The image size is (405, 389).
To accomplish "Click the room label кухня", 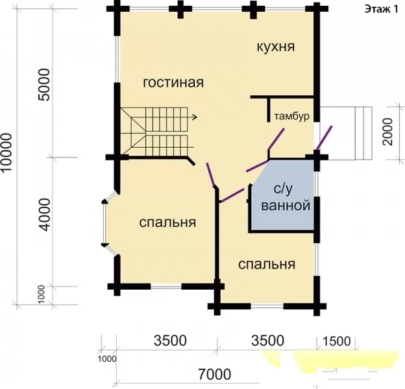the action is (x=276, y=47).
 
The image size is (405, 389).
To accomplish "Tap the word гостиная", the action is (x=173, y=82).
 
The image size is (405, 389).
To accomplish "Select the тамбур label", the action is (x=291, y=116).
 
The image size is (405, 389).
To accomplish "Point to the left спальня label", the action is (x=167, y=222).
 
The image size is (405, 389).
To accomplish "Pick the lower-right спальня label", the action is (x=267, y=265).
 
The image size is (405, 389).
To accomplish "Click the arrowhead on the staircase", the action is (x=195, y=117).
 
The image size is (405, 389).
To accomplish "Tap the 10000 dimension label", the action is (x=6, y=152).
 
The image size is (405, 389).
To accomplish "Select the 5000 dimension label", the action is (x=43, y=85).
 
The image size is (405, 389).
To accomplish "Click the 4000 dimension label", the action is (x=43, y=215).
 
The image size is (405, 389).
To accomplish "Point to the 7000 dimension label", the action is (x=214, y=374).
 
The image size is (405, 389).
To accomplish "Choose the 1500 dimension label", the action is (x=337, y=341).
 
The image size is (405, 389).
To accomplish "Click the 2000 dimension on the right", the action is (x=387, y=132).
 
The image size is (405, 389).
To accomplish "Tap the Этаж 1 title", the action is (x=381, y=10).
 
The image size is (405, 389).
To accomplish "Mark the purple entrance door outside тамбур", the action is (x=325, y=137).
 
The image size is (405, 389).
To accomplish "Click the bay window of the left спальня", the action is (x=105, y=224).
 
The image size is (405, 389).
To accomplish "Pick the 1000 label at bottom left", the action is (x=107, y=359).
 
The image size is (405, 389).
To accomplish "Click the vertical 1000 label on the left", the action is (x=42, y=294).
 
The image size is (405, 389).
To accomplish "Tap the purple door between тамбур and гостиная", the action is (x=276, y=139).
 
